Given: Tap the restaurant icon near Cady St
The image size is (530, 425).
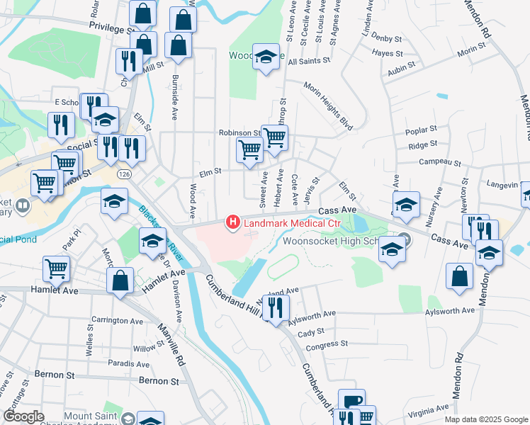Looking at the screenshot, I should coord(276,307).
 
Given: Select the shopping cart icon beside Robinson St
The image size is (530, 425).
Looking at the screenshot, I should coord(274,137).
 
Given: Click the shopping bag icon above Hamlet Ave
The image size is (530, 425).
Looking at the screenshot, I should coord(120,280).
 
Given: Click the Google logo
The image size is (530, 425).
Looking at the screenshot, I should coord(23,416).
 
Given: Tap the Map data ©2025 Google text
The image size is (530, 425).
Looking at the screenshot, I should coord(485,419).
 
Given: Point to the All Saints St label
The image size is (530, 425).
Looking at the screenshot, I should coord(310,62).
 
